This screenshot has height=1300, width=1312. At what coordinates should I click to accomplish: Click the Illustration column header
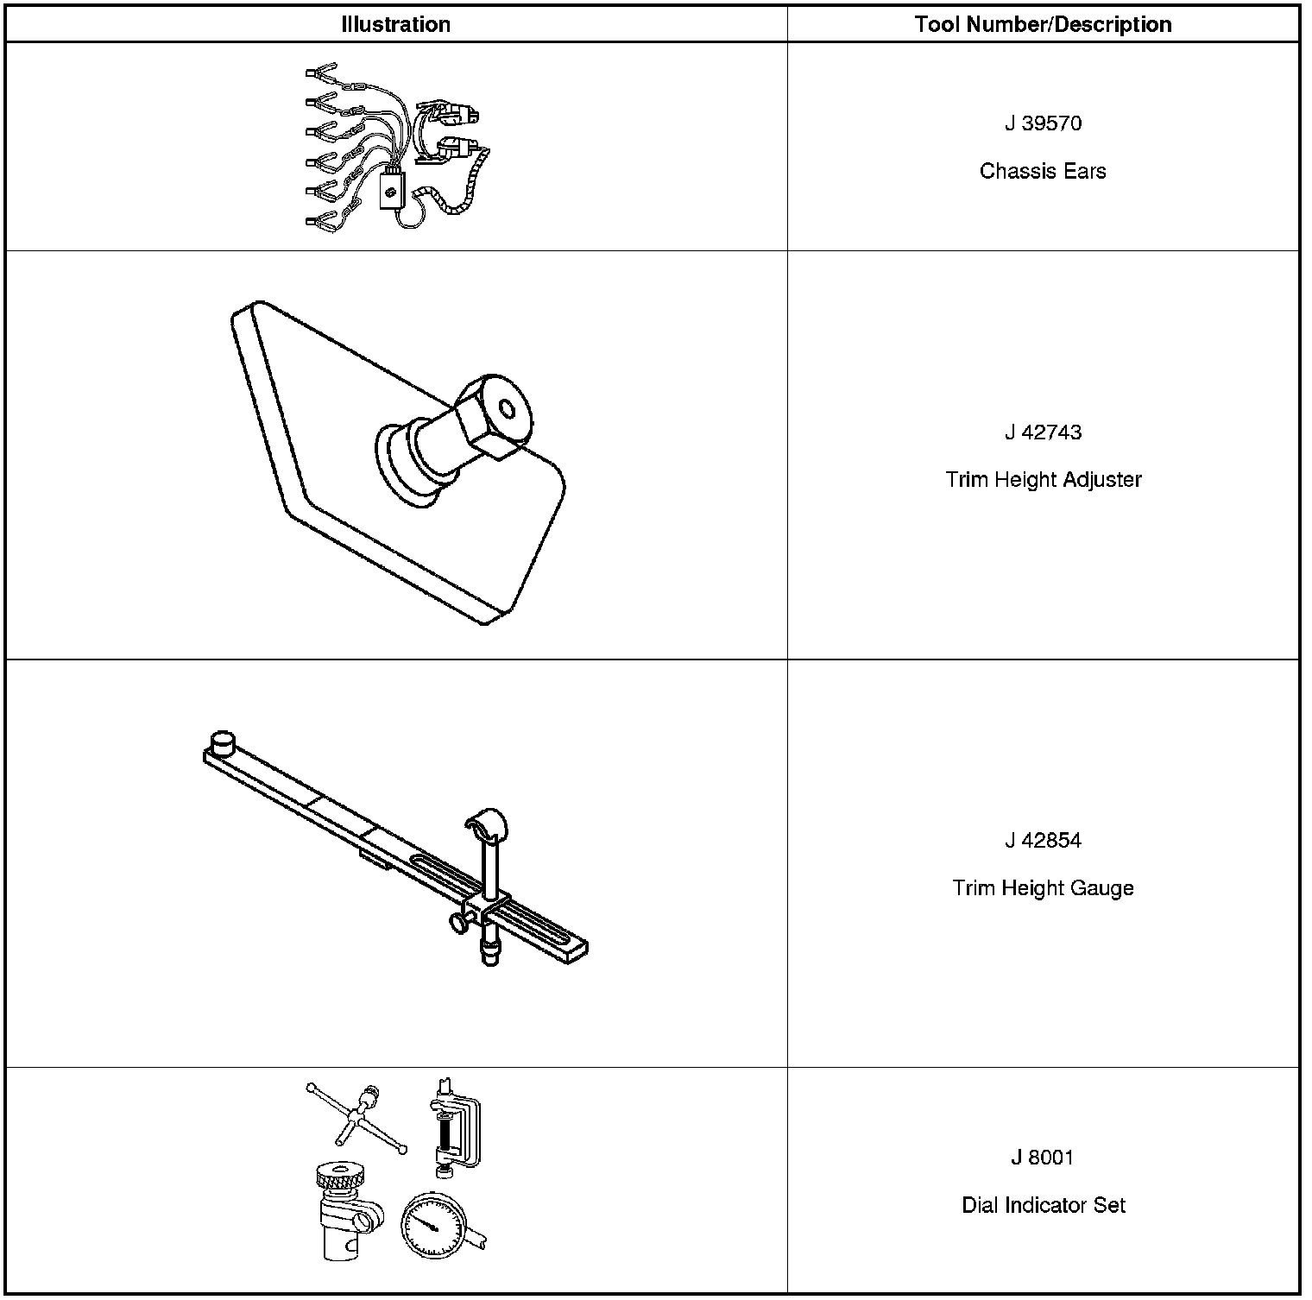point(395,24)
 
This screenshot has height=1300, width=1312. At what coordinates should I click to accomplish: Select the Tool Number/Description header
point(1043,24)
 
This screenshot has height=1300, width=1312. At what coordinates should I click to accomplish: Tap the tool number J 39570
point(1043,123)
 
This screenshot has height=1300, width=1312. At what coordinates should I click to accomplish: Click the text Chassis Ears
point(1043,171)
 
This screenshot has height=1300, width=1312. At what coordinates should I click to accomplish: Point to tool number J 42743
point(1043,432)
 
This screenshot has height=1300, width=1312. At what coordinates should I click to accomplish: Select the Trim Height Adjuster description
point(1043,480)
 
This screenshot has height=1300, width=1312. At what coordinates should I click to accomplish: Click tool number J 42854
point(1043,841)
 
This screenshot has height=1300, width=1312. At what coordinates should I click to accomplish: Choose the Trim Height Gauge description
point(1043,888)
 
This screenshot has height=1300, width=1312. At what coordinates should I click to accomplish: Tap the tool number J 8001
point(1043,1158)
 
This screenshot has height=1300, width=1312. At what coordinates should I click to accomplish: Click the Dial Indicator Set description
point(1043,1205)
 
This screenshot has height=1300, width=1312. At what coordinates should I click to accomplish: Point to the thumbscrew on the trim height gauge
point(458,925)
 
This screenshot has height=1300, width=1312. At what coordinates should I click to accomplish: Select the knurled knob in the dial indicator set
point(337,1176)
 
